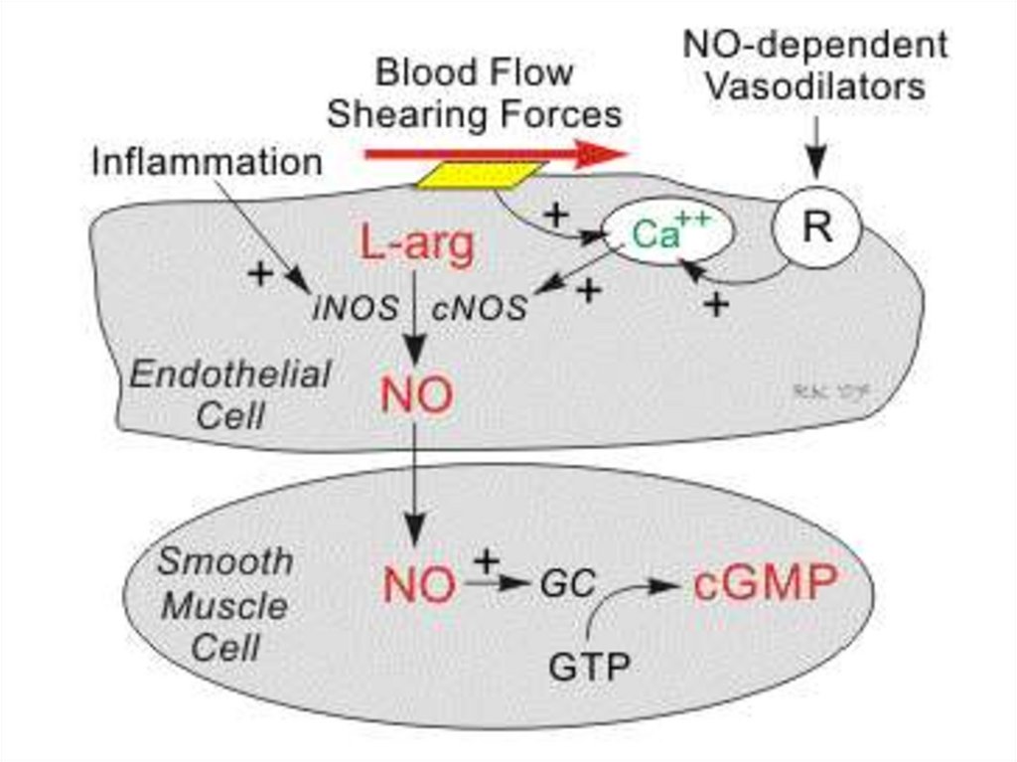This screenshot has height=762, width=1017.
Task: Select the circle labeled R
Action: [816, 229]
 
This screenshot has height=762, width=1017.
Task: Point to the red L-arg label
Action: [417, 245]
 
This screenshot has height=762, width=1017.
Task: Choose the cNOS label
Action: [480, 308]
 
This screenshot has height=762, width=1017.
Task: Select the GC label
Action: [567, 586]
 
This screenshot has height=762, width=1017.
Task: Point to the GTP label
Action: [589, 667]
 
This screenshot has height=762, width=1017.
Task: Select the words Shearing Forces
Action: [475, 113]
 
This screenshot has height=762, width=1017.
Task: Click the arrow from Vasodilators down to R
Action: [815, 149]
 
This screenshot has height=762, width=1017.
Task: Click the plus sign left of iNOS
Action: [260, 273]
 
